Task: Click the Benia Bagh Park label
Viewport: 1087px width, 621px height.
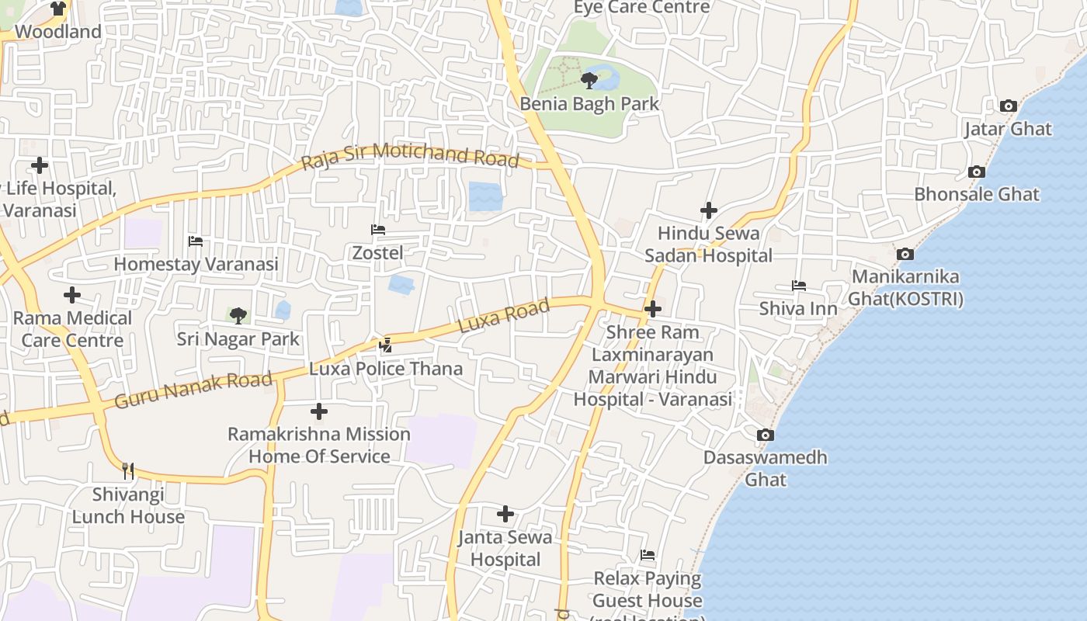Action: click(589, 104)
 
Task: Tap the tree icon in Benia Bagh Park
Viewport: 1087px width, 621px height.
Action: click(589, 80)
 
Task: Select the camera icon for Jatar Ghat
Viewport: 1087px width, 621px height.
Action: click(1008, 106)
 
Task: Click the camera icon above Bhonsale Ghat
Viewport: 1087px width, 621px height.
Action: click(977, 172)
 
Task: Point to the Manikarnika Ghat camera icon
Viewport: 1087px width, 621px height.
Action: click(905, 254)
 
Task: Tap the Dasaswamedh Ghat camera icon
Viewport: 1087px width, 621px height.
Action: click(765, 435)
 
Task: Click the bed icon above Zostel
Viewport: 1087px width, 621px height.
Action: click(378, 230)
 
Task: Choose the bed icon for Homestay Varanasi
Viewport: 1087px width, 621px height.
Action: click(196, 241)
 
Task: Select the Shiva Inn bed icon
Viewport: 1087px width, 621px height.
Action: click(798, 286)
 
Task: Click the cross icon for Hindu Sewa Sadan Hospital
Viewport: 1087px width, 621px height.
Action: click(708, 210)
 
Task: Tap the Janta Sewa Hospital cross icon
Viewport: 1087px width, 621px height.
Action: click(505, 514)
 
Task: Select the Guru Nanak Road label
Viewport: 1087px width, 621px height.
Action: click(193, 390)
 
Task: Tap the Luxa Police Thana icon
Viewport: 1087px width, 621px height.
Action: click(385, 345)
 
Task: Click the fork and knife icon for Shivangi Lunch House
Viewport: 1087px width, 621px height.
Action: click(128, 470)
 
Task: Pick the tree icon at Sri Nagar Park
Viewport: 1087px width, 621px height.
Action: click(238, 315)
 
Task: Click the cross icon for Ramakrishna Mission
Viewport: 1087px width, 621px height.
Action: click(318, 411)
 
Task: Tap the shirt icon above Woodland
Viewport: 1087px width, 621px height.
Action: click(58, 9)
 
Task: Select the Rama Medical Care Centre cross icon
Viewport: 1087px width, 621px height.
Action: click(72, 295)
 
